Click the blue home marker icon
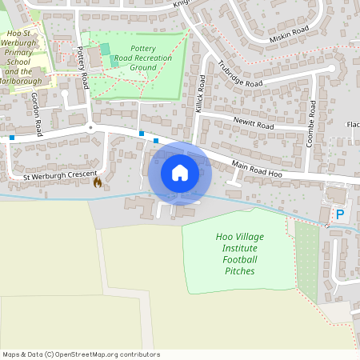coord(180,172)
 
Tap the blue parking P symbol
coord(340,214)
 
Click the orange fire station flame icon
coord(98,182)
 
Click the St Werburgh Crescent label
coord(60,175)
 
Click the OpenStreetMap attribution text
coord(80,354)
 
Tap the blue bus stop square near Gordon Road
coord(12,138)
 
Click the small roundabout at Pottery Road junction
coord(91,127)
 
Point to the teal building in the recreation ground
coord(106,50)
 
